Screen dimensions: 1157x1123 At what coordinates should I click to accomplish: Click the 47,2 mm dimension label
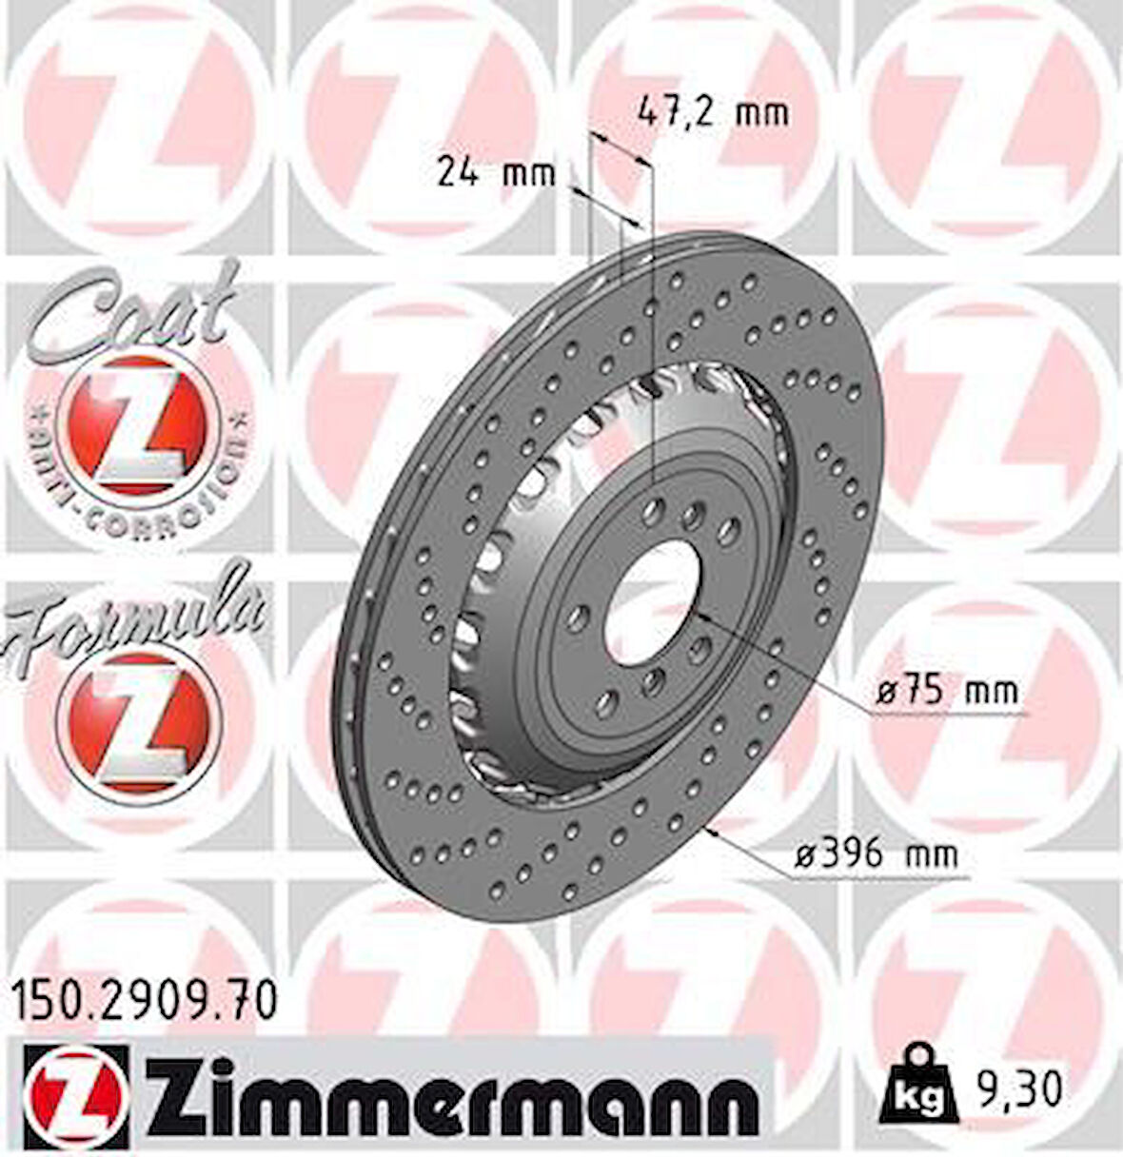click(712, 112)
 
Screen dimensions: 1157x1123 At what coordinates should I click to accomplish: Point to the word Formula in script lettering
click(133, 614)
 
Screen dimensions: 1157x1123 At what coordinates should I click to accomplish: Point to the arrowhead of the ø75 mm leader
click(699, 618)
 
